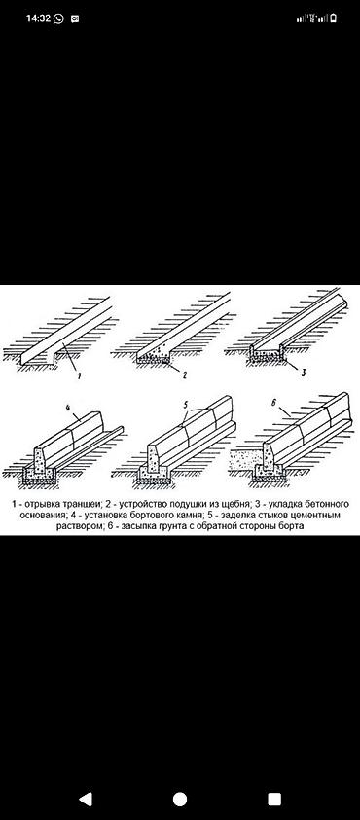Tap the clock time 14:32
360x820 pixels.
[38, 18]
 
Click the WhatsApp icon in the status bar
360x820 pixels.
[58, 18]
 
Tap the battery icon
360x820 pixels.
[333, 18]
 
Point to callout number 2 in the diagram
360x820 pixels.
[184, 374]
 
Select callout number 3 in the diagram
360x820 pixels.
[303, 374]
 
